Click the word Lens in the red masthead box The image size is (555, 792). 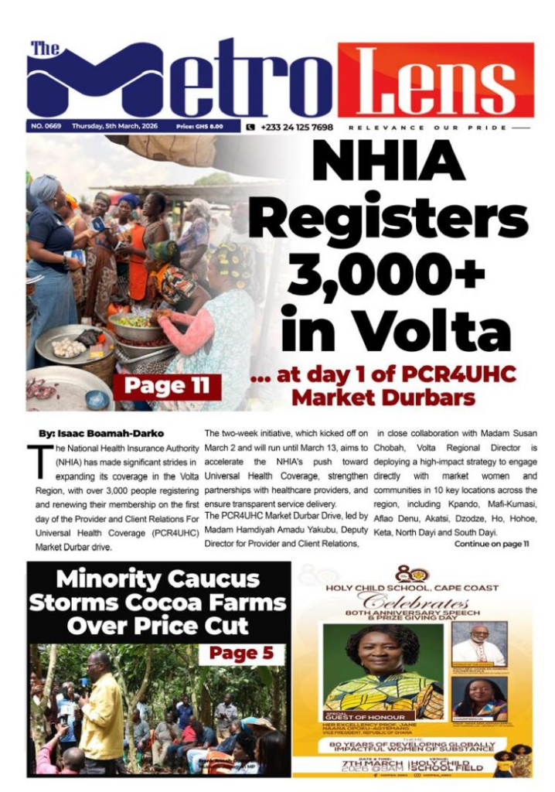[x=435, y=80]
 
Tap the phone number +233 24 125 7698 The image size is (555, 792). [x=296, y=127]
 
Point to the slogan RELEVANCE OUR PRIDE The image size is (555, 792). [x=429, y=127]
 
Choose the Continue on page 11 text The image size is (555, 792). [x=491, y=544]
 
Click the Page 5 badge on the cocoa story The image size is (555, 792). [x=241, y=653]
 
